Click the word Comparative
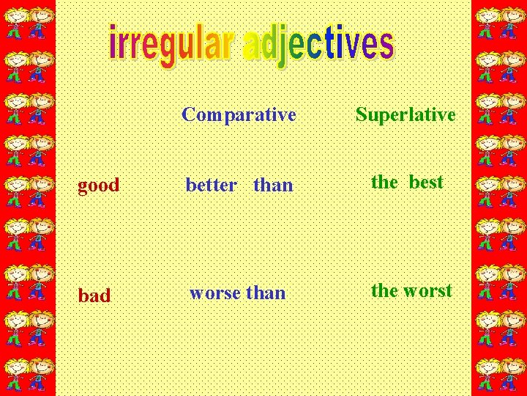coord(239,115)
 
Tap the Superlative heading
coord(405,115)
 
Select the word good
coord(99,186)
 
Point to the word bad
coord(94,296)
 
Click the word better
coord(211,186)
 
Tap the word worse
coord(215,293)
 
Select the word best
coord(426,182)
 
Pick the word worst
coord(428,290)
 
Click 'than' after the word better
coord(273,186)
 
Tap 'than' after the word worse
coord(266,293)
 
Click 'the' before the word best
coord(384,182)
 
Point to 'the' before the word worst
coord(384,290)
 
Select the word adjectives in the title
coord(319,45)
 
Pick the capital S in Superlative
coord(361,115)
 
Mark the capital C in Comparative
coord(188,115)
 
